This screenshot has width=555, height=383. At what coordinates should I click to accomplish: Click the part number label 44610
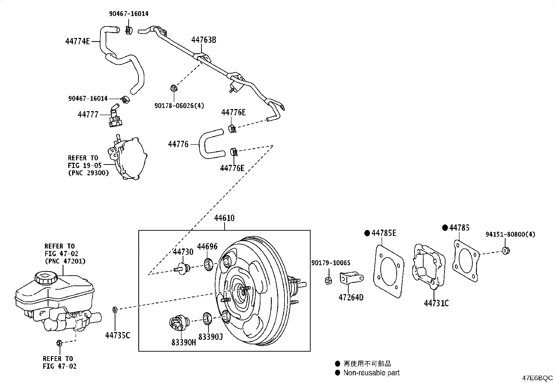coord(224,219)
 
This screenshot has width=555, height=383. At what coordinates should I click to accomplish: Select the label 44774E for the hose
coord(77,41)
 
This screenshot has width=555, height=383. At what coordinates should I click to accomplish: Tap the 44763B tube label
coord(204,40)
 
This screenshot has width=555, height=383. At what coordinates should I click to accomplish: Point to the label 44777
coord(88,114)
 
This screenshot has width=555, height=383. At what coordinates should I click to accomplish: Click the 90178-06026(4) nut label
coord(179,105)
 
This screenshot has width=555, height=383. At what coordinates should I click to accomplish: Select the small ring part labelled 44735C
coord(115,309)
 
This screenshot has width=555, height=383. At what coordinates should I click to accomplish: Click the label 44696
coord(207,247)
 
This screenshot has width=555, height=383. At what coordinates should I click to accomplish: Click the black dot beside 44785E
coord(367,233)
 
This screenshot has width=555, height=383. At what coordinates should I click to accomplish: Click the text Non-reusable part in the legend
coord(371,373)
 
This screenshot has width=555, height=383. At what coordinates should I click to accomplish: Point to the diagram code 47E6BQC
coord(537,378)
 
